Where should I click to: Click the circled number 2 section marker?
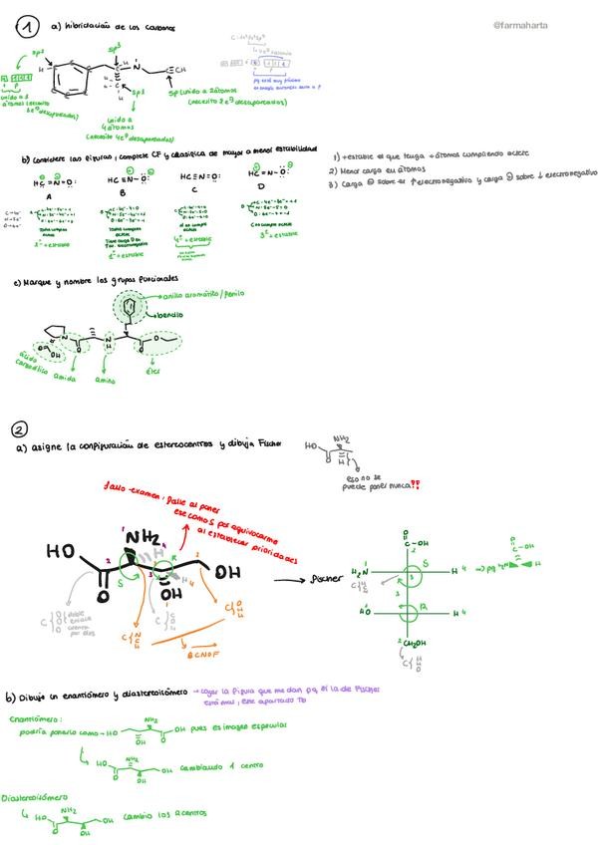19,429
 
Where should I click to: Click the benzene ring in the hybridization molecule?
70,79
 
